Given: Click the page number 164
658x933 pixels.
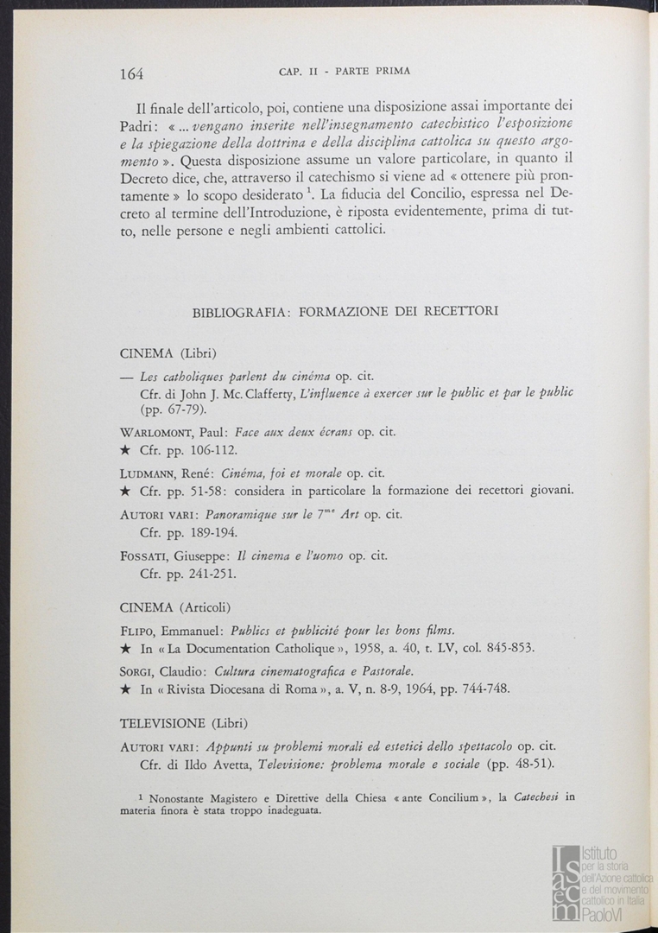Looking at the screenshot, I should point(131,73).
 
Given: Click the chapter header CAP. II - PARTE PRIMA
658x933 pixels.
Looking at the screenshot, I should point(346,70).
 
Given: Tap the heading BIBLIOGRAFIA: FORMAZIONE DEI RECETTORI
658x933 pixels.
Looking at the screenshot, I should point(345,311).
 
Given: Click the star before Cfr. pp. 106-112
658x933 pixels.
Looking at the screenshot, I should point(125,451).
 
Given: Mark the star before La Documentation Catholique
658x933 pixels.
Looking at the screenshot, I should point(125,648).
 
